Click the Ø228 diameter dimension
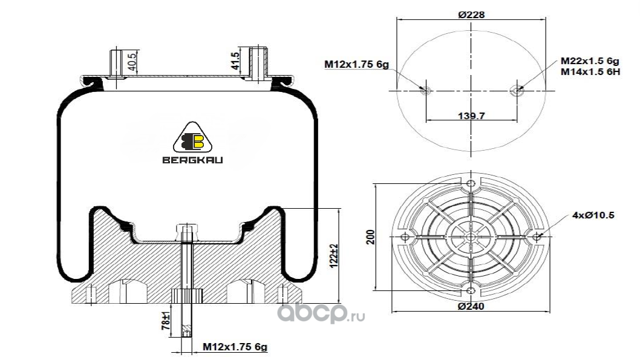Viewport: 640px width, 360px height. click(x=471, y=15)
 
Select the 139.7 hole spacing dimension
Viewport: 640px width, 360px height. click(x=471, y=116)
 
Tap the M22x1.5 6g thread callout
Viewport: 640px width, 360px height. click(x=590, y=61)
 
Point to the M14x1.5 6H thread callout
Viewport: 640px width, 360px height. click(x=590, y=72)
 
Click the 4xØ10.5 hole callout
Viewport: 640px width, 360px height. click(x=593, y=215)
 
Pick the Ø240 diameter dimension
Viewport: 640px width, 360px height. click(x=471, y=306)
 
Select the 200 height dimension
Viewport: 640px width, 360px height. click(x=371, y=237)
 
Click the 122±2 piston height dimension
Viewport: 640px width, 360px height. click(x=335, y=256)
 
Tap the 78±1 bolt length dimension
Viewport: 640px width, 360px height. click(x=166, y=321)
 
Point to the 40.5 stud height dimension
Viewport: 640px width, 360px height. click(x=132, y=61)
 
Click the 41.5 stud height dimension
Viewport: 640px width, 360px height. click(x=235, y=61)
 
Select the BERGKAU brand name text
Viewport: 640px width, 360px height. click(x=192, y=160)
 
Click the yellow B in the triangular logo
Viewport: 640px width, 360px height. click(x=199, y=141)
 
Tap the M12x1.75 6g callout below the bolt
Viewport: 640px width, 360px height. click(x=235, y=347)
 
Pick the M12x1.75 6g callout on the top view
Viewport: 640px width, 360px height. click(x=356, y=64)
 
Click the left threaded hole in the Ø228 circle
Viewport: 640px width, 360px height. click(x=426, y=90)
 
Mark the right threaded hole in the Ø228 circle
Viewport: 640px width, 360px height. click(x=517, y=90)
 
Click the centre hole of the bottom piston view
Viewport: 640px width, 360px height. click(x=471, y=237)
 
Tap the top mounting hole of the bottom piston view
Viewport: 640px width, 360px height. click(x=471, y=183)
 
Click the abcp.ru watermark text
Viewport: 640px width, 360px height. click(x=321, y=313)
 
